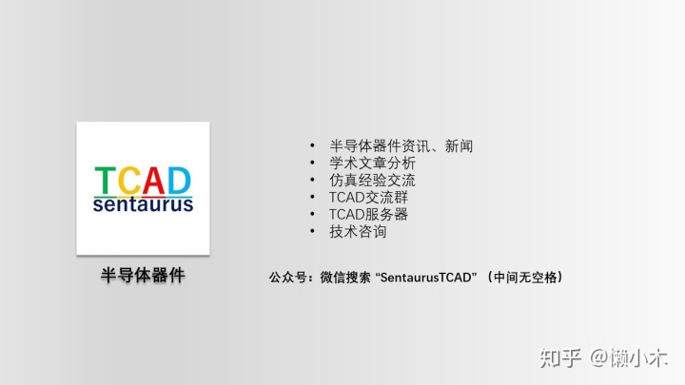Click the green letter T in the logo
click(x=105, y=180)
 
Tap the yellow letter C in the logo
click(x=128, y=180)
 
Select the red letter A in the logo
click(x=153, y=180)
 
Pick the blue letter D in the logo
click(x=180, y=180)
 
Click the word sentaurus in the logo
click(x=143, y=204)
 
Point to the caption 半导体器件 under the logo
click(x=143, y=276)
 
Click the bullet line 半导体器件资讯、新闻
click(x=401, y=145)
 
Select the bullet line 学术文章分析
click(x=372, y=163)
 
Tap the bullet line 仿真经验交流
click(x=372, y=180)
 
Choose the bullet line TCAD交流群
click(x=368, y=198)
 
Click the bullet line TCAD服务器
click(x=368, y=214)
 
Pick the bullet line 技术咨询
click(x=358, y=231)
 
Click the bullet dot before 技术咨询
click(x=312, y=231)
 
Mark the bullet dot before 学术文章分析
click(x=312, y=163)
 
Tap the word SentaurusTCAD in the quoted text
click(x=426, y=278)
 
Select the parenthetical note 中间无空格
click(x=525, y=278)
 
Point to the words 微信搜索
click(x=345, y=278)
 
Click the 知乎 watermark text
click(x=560, y=358)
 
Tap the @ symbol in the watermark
click(x=599, y=358)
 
